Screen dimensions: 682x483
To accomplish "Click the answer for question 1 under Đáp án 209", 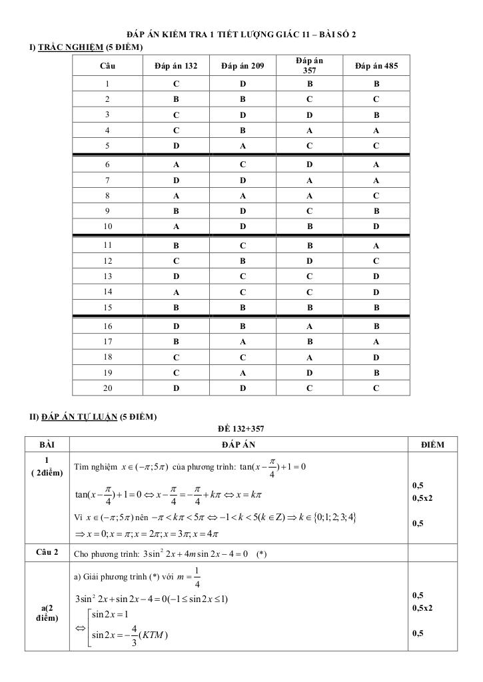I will [x=242, y=85].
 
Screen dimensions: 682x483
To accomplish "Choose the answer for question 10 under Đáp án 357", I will [x=310, y=226].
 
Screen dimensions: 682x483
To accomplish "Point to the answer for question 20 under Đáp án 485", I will [x=376, y=388].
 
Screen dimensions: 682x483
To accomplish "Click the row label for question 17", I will [x=107, y=342].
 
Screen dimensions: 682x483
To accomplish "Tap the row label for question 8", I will [x=107, y=196].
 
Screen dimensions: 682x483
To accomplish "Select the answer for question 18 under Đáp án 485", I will [x=376, y=357].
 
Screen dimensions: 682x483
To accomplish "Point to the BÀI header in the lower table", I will [x=47, y=444].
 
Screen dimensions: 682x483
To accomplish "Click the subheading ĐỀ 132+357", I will [x=241, y=429].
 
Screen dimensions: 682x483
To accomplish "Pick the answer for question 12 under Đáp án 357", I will [x=310, y=261].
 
